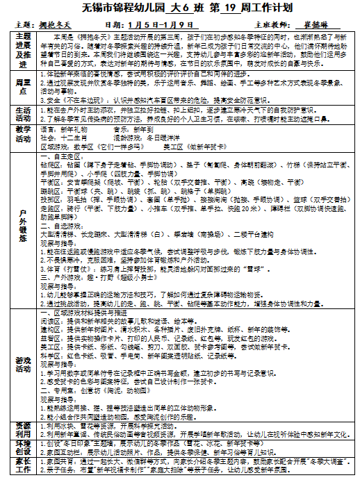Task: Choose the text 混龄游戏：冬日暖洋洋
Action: point(145,138)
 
